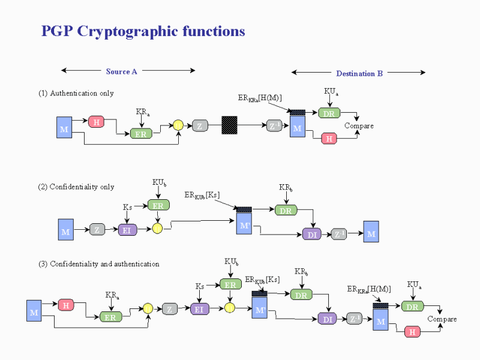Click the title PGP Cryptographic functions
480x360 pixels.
point(143,31)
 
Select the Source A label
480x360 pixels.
point(122,71)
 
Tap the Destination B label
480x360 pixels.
point(359,74)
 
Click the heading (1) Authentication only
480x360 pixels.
point(76,94)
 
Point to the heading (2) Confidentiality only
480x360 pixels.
point(76,187)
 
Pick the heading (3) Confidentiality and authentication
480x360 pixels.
point(98,263)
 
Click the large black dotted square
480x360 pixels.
point(230,125)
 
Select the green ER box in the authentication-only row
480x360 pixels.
point(141,134)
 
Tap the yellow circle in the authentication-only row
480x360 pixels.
point(178,125)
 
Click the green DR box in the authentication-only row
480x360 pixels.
point(328,113)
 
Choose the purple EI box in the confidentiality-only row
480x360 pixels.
point(127,230)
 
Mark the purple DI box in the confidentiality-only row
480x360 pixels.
point(312,235)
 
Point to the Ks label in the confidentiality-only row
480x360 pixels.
point(127,207)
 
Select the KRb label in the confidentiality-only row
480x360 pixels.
point(286,188)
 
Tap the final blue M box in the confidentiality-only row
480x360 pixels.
point(371,232)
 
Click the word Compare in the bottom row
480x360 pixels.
point(442,319)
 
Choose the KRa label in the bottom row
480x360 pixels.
point(112,295)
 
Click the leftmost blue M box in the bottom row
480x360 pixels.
point(34,312)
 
